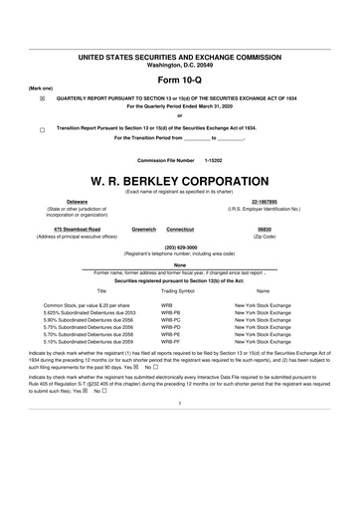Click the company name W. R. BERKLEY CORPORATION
(180, 182)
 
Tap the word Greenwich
(145, 229)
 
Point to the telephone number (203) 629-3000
(180, 247)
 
